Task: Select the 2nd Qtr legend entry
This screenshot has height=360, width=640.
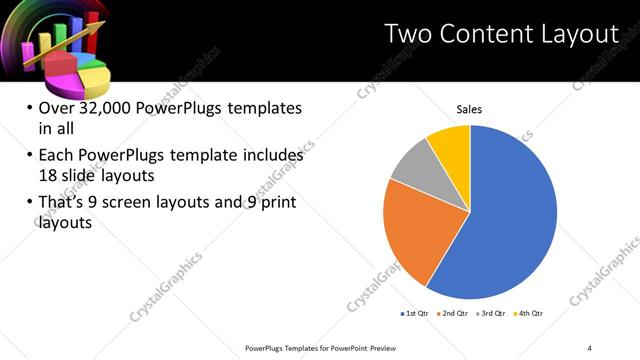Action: [x=453, y=314]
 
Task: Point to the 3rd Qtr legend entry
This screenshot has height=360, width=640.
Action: [x=491, y=314]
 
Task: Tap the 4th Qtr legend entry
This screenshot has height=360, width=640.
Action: [x=528, y=314]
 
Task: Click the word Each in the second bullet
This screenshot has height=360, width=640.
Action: [x=56, y=156]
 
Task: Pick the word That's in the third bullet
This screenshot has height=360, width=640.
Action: [x=62, y=204]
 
